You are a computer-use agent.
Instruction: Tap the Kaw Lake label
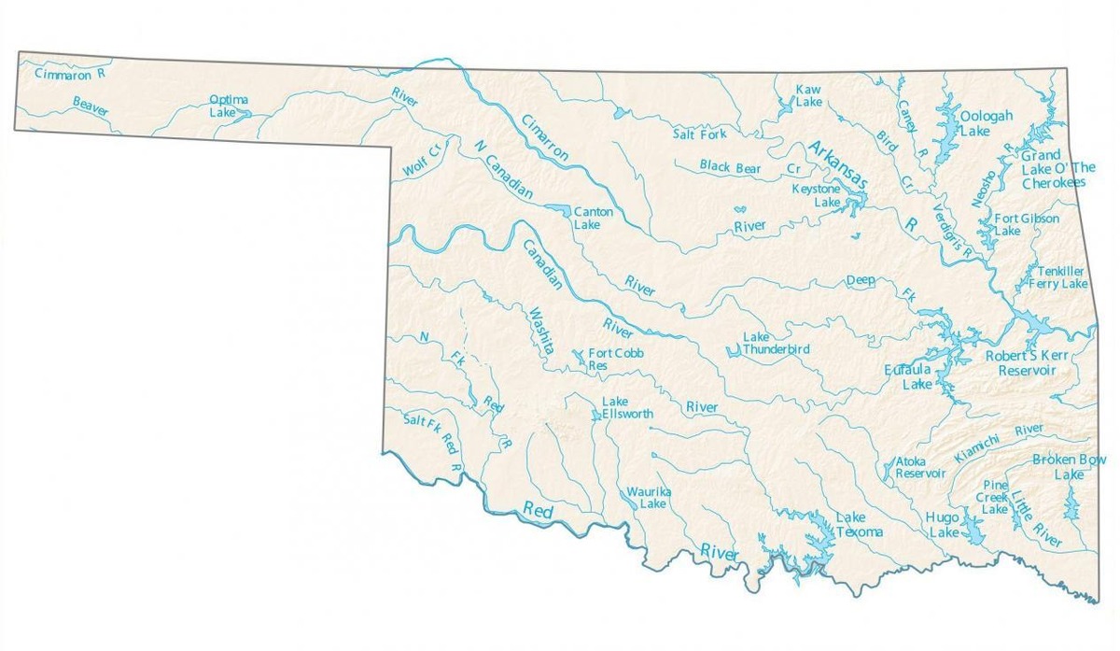pos(807,95)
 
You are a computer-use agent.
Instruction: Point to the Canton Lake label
pos(593,219)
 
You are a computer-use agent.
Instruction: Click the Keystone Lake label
pos(816,195)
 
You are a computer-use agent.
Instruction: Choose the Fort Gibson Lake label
pos(1026,224)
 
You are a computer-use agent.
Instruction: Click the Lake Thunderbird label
pos(777,343)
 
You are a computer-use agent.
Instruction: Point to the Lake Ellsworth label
pos(622,408)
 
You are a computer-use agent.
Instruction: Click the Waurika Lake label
pos(648,497)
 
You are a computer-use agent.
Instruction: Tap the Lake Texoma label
pos(858,525)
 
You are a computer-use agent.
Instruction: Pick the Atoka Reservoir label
pos(920,467)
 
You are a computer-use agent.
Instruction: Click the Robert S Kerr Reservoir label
pos(1025,363)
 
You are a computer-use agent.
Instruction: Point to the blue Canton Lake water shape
pos(556,208)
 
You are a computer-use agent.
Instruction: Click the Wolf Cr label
pos(420,162)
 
